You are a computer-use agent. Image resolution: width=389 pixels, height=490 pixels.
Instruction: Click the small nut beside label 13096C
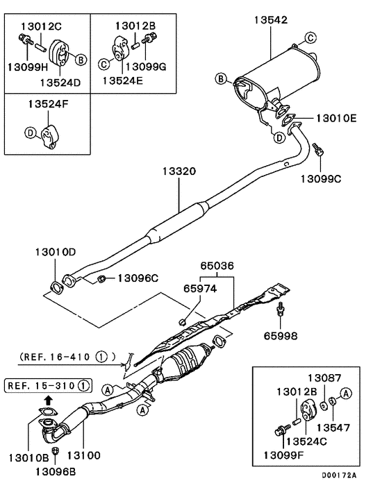click(x=101, y=279)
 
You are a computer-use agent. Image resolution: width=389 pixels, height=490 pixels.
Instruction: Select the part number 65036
click(x=217, y=265)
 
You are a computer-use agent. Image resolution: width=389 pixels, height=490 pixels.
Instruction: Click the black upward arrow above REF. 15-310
click(x=47, y=400)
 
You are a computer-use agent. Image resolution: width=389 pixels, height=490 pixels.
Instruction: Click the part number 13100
click(x=83, y=455)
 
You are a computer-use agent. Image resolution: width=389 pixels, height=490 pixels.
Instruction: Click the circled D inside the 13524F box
click(x=30, y=132)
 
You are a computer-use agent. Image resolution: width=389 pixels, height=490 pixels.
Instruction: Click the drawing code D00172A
click(x=339, y=475)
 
